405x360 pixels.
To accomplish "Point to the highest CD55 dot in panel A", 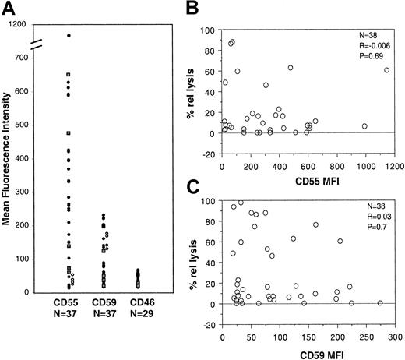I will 69,36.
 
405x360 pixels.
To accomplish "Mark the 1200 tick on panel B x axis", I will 391,168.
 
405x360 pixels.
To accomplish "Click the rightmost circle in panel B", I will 387,70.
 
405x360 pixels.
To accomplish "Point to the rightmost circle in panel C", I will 379,302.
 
